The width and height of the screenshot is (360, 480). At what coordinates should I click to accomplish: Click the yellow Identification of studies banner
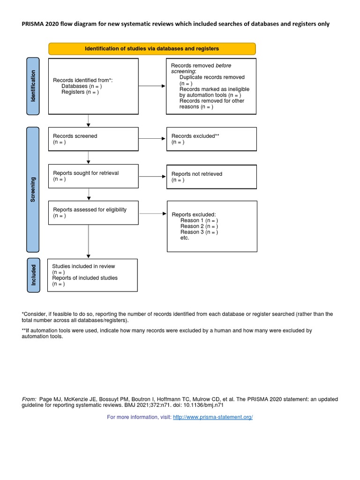pyautogui.click(x=152, y=49)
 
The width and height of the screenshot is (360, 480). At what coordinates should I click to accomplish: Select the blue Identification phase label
pyautogui.click(x=32, y=86)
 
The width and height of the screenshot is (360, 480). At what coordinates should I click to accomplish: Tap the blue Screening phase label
pyautogui.click(x=32, y=189)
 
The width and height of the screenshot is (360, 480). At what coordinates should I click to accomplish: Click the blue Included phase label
pyautogui.click(x=32, y=275)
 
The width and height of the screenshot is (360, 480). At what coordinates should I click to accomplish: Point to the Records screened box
pyautogui.click(x=93, y=139)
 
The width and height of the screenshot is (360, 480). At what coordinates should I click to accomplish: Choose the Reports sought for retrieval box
pyautogui.click(x=93, y=176)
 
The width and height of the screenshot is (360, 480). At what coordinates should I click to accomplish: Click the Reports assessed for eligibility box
pyautogui.click(x=93, y=213)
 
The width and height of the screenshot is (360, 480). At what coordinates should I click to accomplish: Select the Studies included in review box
pyautogui.click(x=93, y=275)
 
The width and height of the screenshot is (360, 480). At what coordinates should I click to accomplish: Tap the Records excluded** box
pyautogui.click(x=211, y=139)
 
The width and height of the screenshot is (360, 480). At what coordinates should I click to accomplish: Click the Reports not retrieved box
pyautogui.click(x=211, y=176)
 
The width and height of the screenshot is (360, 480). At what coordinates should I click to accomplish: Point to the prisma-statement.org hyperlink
pyautogui.click(x=213, y=417)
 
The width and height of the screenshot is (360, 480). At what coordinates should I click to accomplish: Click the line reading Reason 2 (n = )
pyautogui.click(x=199, y=226)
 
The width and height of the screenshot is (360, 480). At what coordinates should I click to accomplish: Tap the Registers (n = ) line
pyautogui.click(x=80, y=92)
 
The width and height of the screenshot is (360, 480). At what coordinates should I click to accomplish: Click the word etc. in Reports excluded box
pyautogui.click(x=185, y=238)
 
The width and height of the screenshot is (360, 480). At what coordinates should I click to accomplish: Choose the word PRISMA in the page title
pyautogui.click(x=33, y=24)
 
